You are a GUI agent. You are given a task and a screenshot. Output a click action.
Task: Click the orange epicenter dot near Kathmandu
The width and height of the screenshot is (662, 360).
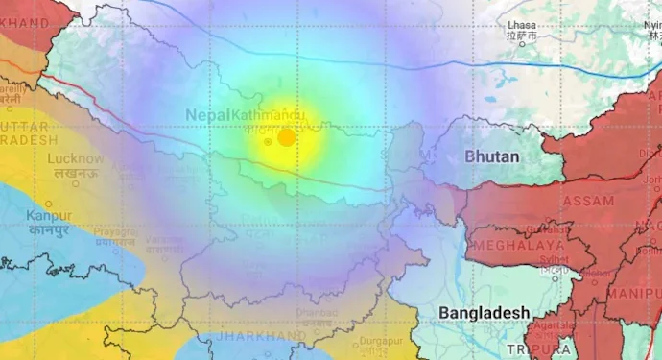(x=286, y=137)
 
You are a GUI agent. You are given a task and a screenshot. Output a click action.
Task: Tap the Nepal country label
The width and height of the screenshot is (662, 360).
(x=207, y=115)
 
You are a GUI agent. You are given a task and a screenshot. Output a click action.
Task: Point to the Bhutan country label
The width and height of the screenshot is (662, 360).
(x=492, y=156)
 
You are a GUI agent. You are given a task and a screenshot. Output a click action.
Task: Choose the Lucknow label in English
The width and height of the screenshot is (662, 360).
(x=75, y=158)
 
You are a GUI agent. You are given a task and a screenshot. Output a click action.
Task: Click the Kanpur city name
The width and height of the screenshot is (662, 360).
(x=48, y=215)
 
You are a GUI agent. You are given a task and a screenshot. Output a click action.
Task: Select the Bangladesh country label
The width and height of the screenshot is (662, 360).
(x=484, y=313)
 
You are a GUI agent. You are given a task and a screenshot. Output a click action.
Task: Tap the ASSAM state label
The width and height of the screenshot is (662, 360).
(x=588, y=200)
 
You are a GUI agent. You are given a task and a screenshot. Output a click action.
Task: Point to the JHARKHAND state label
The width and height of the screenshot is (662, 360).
(x=260, y=337)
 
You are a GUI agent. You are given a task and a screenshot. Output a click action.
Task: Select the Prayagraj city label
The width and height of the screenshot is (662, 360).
(x=116, y=232)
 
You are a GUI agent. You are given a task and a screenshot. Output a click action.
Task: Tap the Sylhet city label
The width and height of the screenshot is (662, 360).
(x=553, y=258)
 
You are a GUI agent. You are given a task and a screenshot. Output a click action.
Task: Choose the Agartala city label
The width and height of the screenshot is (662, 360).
(x=553, y=326)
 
